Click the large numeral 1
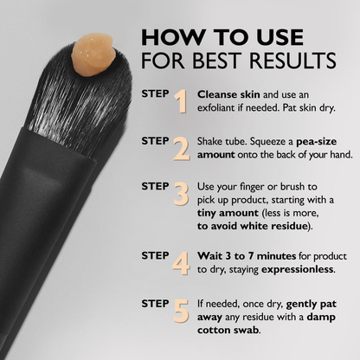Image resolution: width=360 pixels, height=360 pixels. pyautogui.click(x=181, y=101)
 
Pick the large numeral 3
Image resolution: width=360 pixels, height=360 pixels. pyautogui.click(x=181, y=195)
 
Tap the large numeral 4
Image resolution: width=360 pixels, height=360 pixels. pyautogui.click(x=181, y=262)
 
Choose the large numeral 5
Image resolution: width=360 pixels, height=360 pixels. pyautogui.click(x=181, y=310)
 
